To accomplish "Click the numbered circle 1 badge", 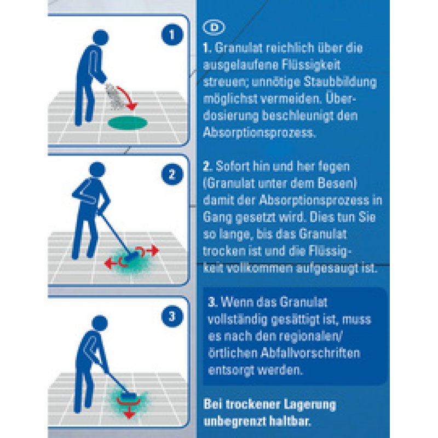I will tap(172, 36).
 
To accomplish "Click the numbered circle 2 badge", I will tap(171, 175).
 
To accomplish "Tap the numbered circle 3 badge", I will tap(171, 315).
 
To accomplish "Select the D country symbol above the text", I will tap(211, 27).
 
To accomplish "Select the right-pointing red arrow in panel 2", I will tap(151, 250).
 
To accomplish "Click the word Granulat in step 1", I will tap(237, 48).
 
